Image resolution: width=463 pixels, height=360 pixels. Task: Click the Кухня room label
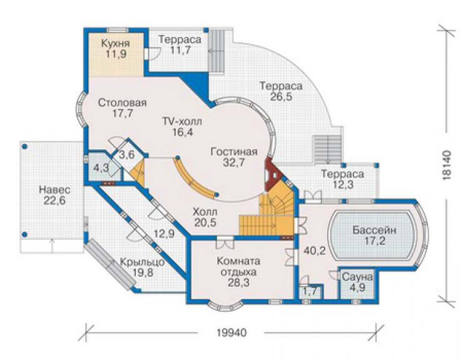click(x=116, y=43)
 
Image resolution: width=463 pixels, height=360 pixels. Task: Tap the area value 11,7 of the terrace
click(x=180, y=50)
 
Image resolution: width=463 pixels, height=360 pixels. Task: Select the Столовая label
click(x=122, y=103)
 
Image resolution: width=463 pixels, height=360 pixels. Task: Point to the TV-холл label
click(x=183, y=121)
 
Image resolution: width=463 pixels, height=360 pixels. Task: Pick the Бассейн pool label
click(x=374, y=230)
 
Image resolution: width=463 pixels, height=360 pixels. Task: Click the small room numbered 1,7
click(x=310, y=291)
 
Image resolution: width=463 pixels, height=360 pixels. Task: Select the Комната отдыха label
click(x=238, y=267)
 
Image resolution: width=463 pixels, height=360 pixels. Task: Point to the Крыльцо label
click(x=142, y=262)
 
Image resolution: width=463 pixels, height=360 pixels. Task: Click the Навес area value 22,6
click(x=54, y=200)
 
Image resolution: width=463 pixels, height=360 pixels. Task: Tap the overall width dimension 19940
click(x=232, y=333)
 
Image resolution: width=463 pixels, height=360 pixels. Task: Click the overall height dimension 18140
click(x=447, y=165)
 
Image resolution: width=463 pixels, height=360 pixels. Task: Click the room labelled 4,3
click(x=101, y=168)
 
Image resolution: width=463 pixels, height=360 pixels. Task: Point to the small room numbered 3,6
click(x=127, y=155)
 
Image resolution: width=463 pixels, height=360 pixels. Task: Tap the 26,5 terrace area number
click(x=281, y=96)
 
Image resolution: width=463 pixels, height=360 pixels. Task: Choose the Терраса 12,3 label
click(x=342, y=179)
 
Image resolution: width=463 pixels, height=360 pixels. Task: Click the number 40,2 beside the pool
click(x=315, y=251)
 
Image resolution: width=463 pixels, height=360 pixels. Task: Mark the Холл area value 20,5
click(x=205, y=222)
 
